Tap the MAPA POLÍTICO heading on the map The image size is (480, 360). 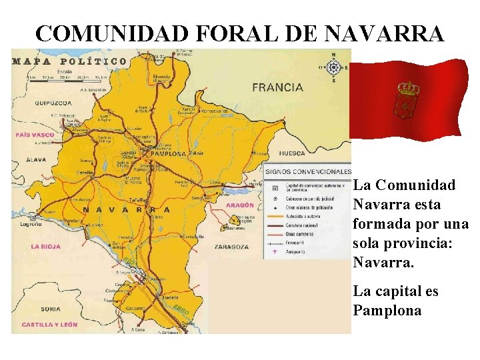click(x=69, y=61)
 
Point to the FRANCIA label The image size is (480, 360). click(x=277, y=87)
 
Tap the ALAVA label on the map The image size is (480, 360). click(x=36, y=160)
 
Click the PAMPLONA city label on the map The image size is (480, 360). click(x=169, y=153)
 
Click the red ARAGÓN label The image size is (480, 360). click(x=239, y=205)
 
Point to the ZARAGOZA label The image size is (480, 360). click(x=231, y=247)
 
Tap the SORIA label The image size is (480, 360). click(x=50, y=309)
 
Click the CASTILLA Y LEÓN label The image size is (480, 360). click(x=49, y=325)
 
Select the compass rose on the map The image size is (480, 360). click(x=334, y=67)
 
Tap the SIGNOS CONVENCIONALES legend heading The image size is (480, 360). click(x=307, y=171)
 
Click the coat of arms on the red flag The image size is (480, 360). click(x=407, y=97)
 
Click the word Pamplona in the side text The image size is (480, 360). click(x=387, y=311)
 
